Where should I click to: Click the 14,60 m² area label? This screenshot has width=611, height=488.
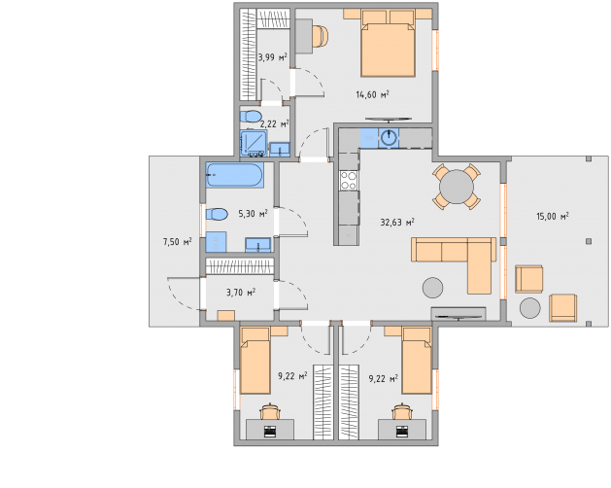point(372,94)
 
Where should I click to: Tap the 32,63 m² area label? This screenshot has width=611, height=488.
point(397,223)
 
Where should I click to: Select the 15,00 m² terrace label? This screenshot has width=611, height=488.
point(553,216)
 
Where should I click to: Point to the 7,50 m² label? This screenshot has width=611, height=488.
point(178,242)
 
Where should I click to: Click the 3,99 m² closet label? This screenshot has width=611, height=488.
point(272,57)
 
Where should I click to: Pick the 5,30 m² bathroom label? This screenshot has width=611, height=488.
point(253,213)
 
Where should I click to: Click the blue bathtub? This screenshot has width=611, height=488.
point(234,175)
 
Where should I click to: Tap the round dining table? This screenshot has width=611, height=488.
point(457,187)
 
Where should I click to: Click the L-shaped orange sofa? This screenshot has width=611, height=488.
point(455,264)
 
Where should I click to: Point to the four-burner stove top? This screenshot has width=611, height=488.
point(349,180)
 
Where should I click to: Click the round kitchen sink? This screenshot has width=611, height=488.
point(389,138)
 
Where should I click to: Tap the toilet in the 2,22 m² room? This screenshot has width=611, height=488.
point(251,117)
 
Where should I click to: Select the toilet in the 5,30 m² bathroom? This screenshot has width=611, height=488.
point(217,214)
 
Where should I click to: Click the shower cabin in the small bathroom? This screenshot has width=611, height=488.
point(254,143)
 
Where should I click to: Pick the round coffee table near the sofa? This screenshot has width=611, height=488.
point(432,288)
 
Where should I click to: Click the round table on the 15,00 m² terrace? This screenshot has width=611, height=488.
point(530,308)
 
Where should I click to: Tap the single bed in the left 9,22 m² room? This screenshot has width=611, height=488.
point(255,361)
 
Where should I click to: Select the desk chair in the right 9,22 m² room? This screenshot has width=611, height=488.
point(402,411)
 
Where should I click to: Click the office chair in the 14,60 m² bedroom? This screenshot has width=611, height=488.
point(321,36)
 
